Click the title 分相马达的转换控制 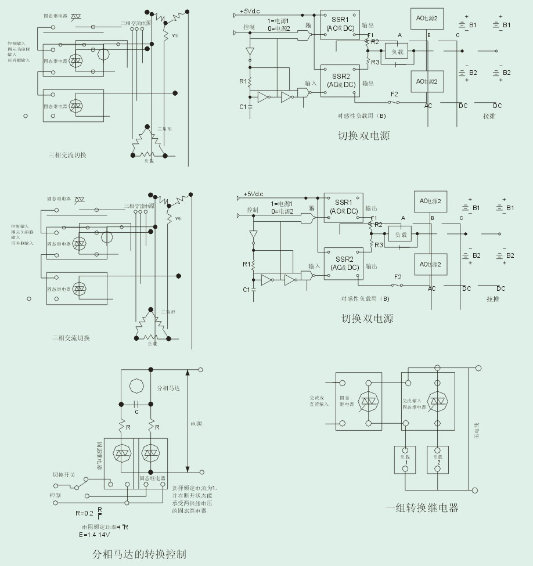[139, 553]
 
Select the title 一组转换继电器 [422, 508]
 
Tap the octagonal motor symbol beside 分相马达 [135, 386]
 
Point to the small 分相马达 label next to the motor [170, 387]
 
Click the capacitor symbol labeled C [136, 405]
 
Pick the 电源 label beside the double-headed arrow [196, 424]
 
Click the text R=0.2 [85, 513]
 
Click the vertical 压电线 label [477, 430]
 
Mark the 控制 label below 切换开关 [55, 495]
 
